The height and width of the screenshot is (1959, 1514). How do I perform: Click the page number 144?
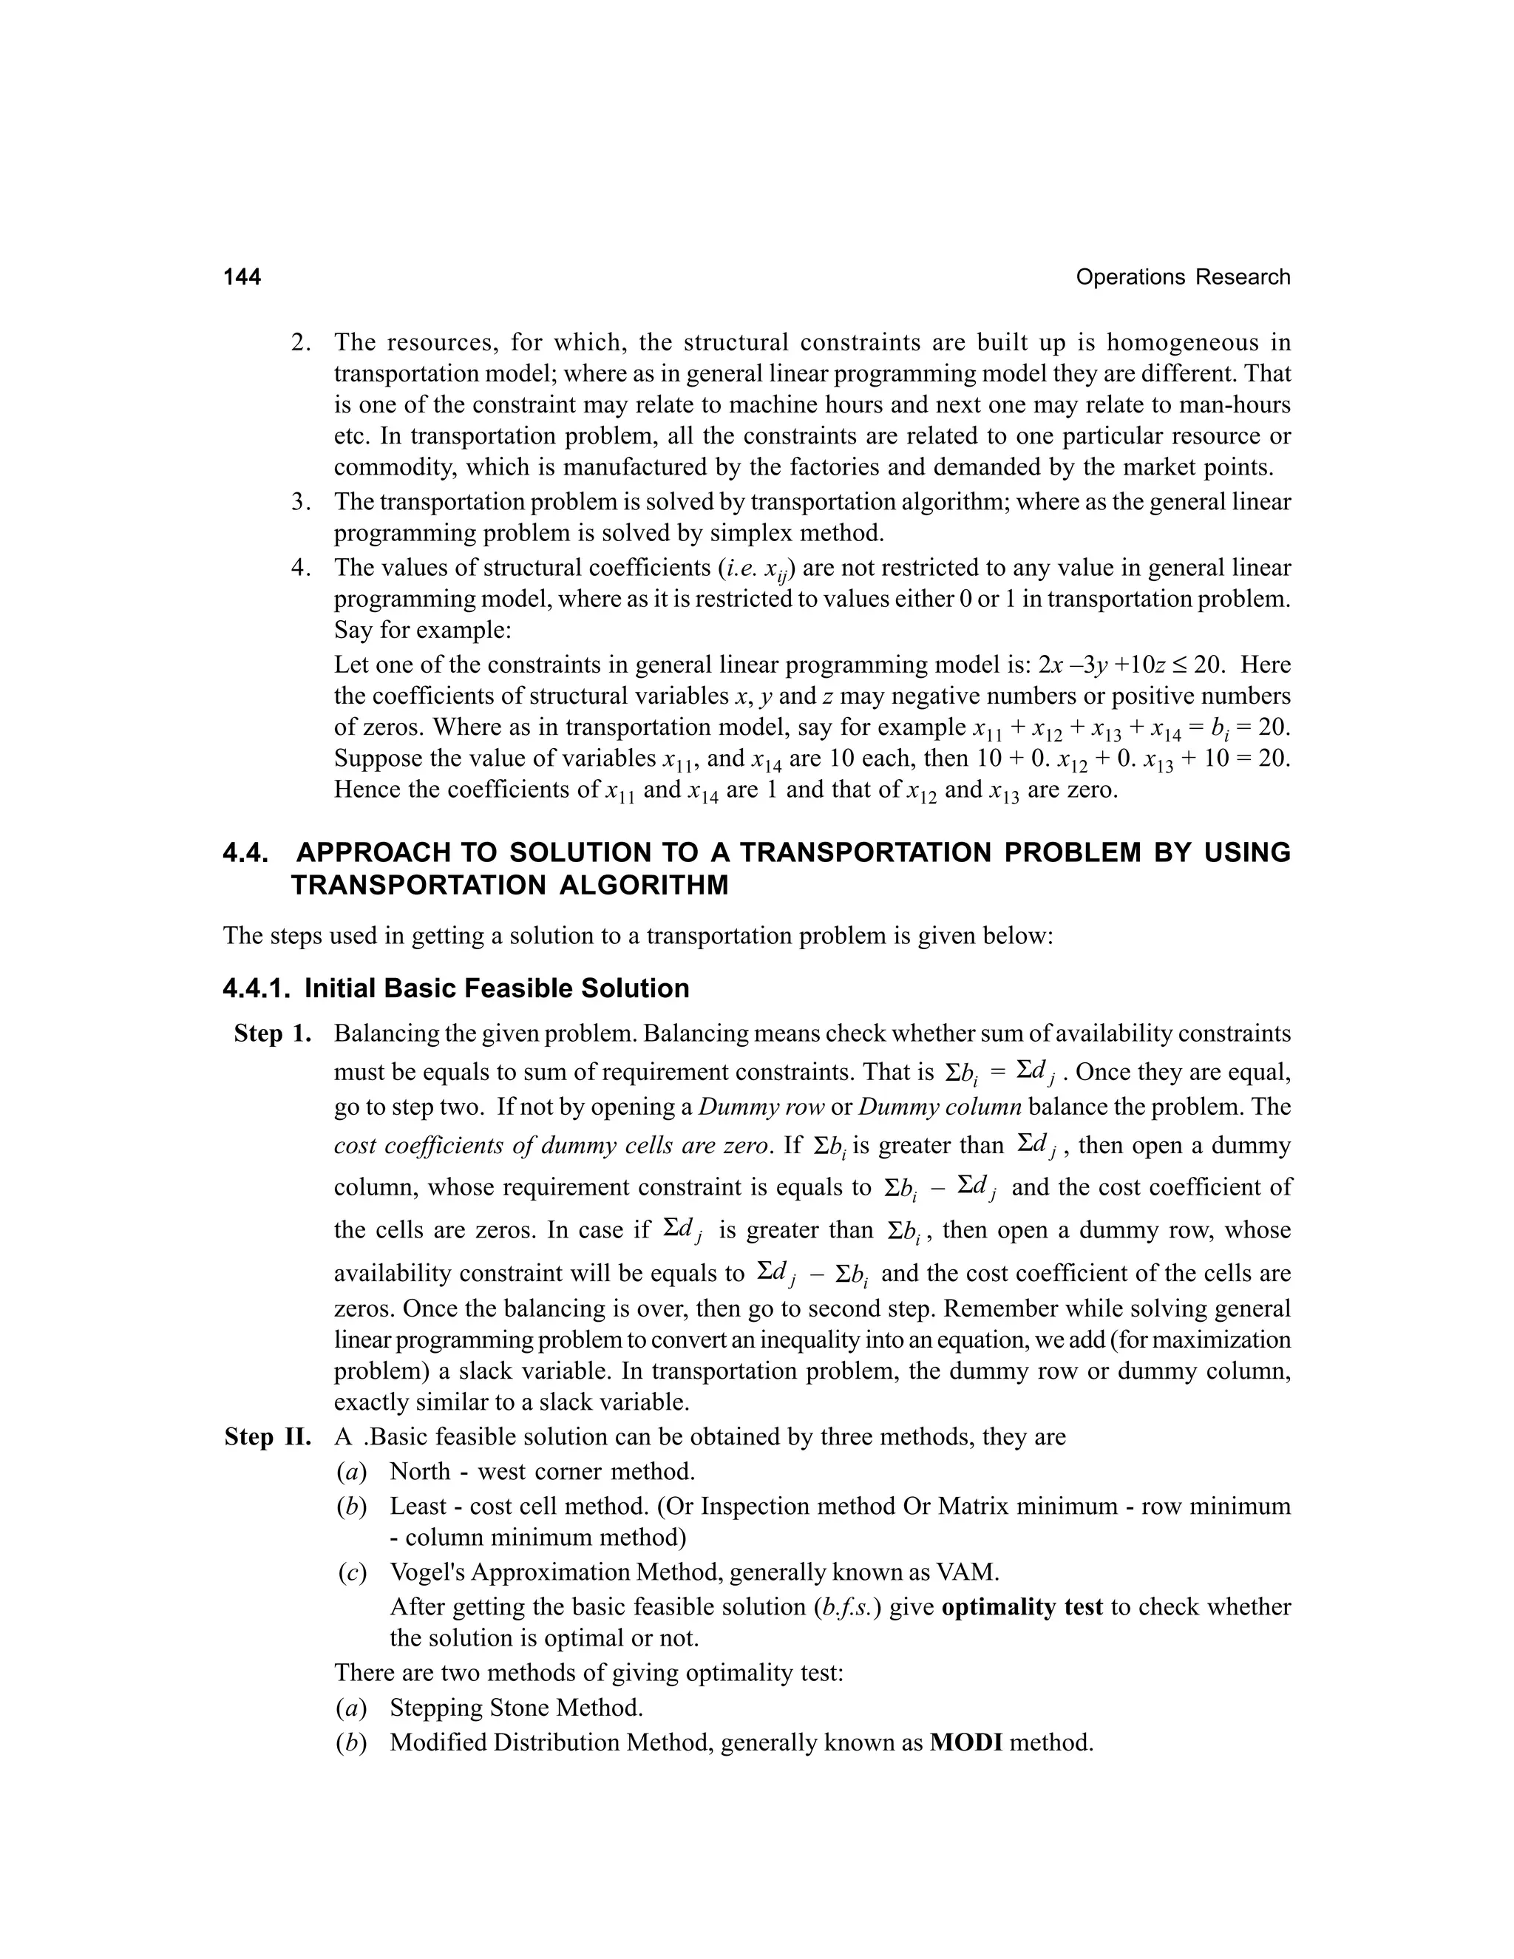point(242,277)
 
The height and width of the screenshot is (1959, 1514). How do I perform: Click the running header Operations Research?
point(1182,277)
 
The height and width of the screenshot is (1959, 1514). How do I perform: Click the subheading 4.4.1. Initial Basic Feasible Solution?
point(455,988)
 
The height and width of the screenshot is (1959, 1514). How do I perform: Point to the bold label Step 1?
point(273,1033)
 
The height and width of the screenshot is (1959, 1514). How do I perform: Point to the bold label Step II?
point(268,1437)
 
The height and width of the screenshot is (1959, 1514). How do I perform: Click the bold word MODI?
point(966,1742)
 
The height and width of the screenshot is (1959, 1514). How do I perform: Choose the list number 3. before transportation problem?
point(299,501)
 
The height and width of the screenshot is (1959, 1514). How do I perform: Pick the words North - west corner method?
point(542,1472)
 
